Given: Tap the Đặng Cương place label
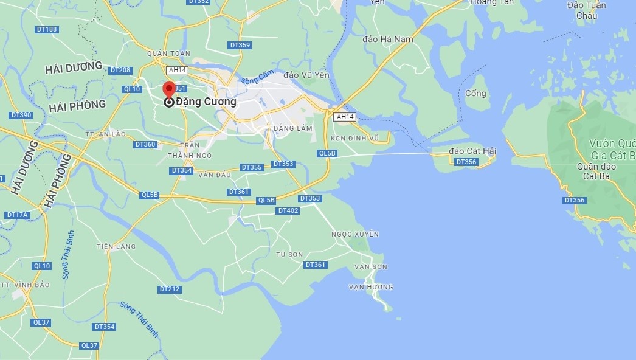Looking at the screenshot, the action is pyautogui.click(x=206, y=102).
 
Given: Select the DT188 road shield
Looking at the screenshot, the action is pyautogui.click(x=47, y=29).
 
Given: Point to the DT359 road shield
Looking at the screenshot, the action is pyautogui.click(x=240, y=45).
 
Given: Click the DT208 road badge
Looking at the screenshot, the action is pyautogui.click(x=122, y=71).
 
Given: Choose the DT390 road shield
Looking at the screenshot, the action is pyautogui.click(x=21, y=115).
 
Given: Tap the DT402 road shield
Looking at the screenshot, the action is pyautogui.click(x=288, y=210).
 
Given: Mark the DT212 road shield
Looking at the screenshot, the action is pyautogui.click(x=170, y=289).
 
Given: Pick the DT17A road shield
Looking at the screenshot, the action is pyautogui.click(x=17, y=215).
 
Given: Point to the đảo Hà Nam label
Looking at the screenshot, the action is pyautogui.click(x=387, y=40).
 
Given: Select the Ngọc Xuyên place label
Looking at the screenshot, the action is pyautogui.click(x=355, y=234).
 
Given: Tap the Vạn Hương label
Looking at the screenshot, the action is pyautogui.click(x=371, y=286).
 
